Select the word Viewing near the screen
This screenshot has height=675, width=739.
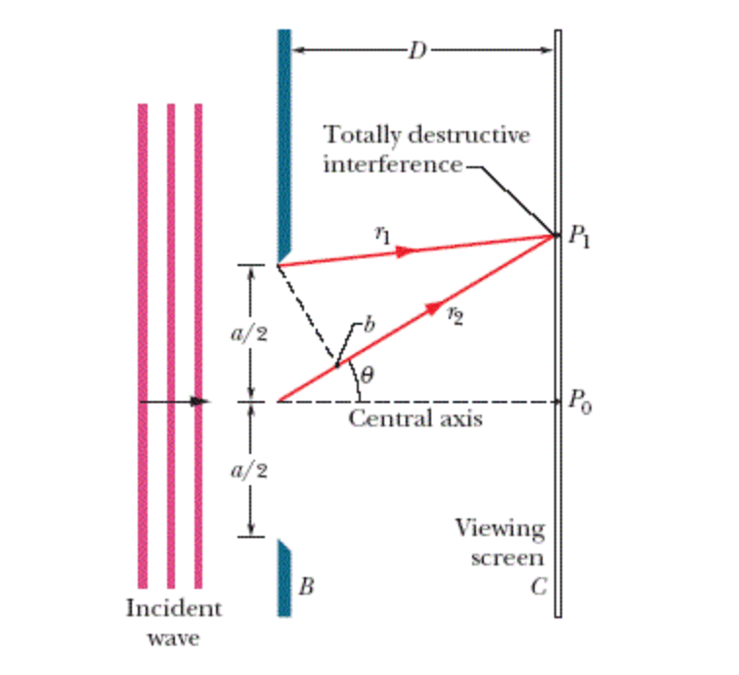point(500,529)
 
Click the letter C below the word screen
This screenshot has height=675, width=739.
point(537,588)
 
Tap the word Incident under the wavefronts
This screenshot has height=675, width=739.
point(174,608)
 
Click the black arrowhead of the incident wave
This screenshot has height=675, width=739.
point(199,401)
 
